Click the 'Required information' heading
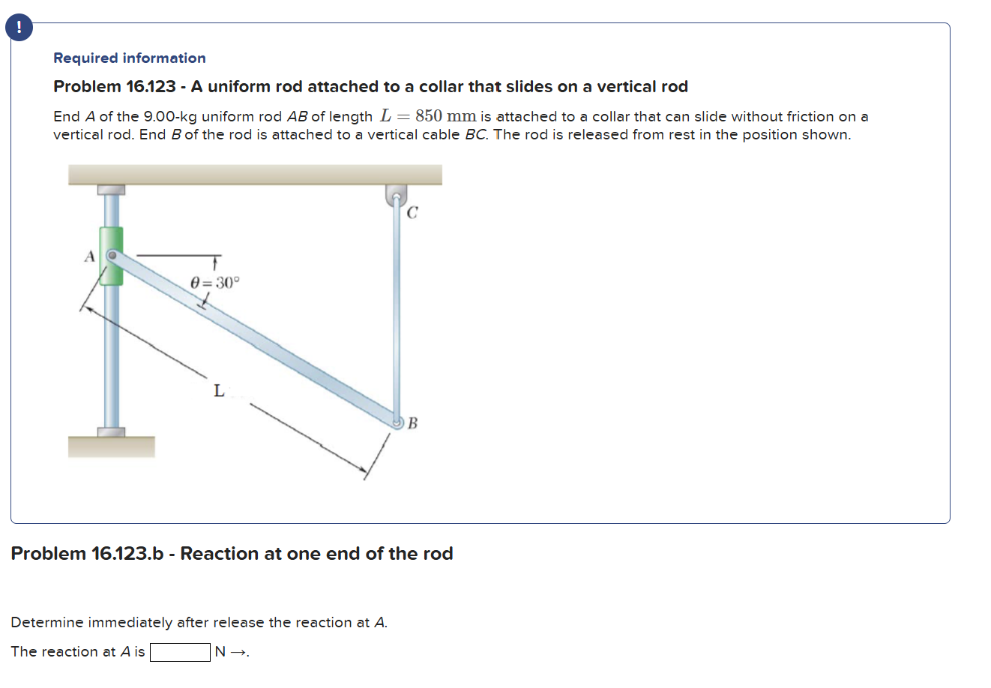(x=129, y=58)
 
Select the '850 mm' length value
(x=445, y=116)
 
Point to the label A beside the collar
(x=89, y=256)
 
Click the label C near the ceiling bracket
(x=412, y=213)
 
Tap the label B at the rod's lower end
(x=412, y=423)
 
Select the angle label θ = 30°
(x=215, y=283)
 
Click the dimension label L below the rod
(x=218, y=390)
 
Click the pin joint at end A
(x=112, y=256)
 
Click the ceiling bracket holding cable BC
(x=397, y=195)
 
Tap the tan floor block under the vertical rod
(x=111, y=447)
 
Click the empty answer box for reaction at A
(x=180, y=652)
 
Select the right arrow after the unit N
(x=238, y=652)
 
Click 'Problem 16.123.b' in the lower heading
(x=87, y=553)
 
